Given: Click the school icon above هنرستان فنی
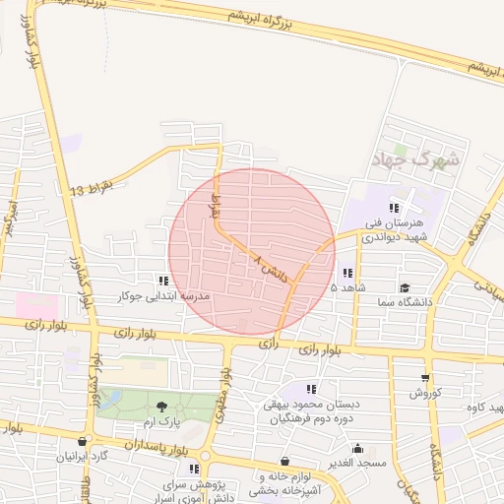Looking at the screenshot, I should tap(394, 208).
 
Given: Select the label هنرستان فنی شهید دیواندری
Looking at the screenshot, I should tap(395, 229).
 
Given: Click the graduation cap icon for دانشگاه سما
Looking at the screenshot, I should tap(405, 287).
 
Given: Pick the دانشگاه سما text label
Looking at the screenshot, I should tap(405, 302).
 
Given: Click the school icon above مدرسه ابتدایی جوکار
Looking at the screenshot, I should tap(163, 281).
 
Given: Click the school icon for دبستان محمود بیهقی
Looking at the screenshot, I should tap(312, 390).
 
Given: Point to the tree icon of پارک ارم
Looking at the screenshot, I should tap(161, 406).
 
